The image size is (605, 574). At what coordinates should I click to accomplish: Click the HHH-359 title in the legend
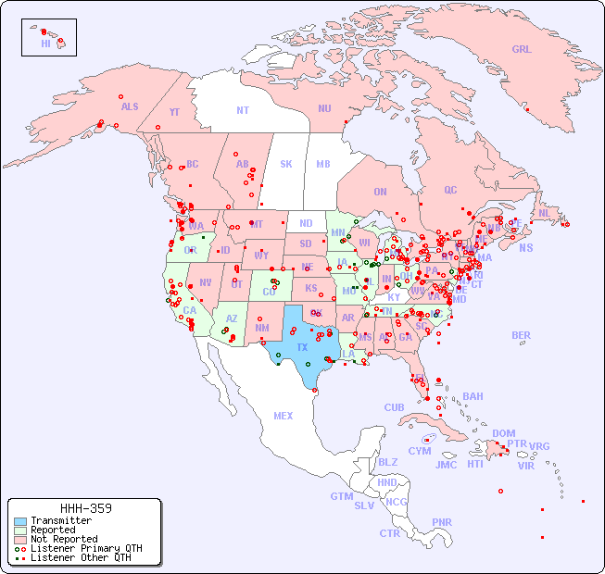(x=86, y=508)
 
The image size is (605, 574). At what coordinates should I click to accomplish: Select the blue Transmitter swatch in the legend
(x=19, y=521)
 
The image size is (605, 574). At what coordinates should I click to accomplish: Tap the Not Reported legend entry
(x=63, y=539)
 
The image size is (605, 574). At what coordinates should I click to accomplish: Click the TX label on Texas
(x=302, y=347)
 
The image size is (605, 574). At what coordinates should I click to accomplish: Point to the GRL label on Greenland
(x=522, y=50)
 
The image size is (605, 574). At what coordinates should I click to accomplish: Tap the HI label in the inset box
(x=45, y=44)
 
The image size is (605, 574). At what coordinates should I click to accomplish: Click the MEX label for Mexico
(x=284, y=416)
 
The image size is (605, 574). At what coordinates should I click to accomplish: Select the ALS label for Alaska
(x=130, y=106)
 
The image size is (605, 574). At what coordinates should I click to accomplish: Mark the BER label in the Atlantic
(x=521, y=335)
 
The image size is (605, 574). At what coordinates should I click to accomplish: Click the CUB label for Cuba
(x=394, y=407)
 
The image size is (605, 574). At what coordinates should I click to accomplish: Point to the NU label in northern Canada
(x=324, y=108)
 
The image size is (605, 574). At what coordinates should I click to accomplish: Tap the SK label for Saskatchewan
(x=286, y=164)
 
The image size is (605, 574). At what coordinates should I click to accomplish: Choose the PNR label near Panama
(x=442, y=522)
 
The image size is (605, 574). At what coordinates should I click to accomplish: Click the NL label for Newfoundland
(x=544, y=213)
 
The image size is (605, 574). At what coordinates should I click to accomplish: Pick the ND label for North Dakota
(x=306, y=223)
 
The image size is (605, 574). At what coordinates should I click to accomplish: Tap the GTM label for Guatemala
(x=341, y=496)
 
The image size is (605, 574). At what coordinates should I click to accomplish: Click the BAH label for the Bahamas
(x=473, y=396)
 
